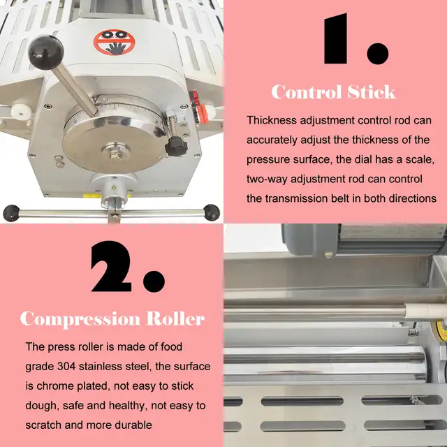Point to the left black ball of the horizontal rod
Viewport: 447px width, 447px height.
point(10,212)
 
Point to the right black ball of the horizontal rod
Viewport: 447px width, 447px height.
point(210,210)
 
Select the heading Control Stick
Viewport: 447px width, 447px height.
point(333,92)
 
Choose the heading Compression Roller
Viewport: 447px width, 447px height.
point(112,319)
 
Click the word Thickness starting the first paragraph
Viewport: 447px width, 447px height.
point(273,121)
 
